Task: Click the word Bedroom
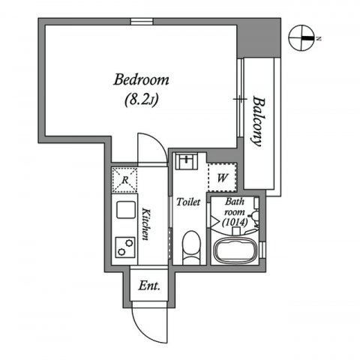(142, 79)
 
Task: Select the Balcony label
(259, 121)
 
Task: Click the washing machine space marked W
(223, 178)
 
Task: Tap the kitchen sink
(124, 209)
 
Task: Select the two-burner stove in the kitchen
(125, 244)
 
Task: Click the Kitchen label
(147, 224)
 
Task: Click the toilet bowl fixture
(190, 245)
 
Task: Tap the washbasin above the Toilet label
(187, 162)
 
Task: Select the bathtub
(236, 250)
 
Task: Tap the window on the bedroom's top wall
(141, 21)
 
